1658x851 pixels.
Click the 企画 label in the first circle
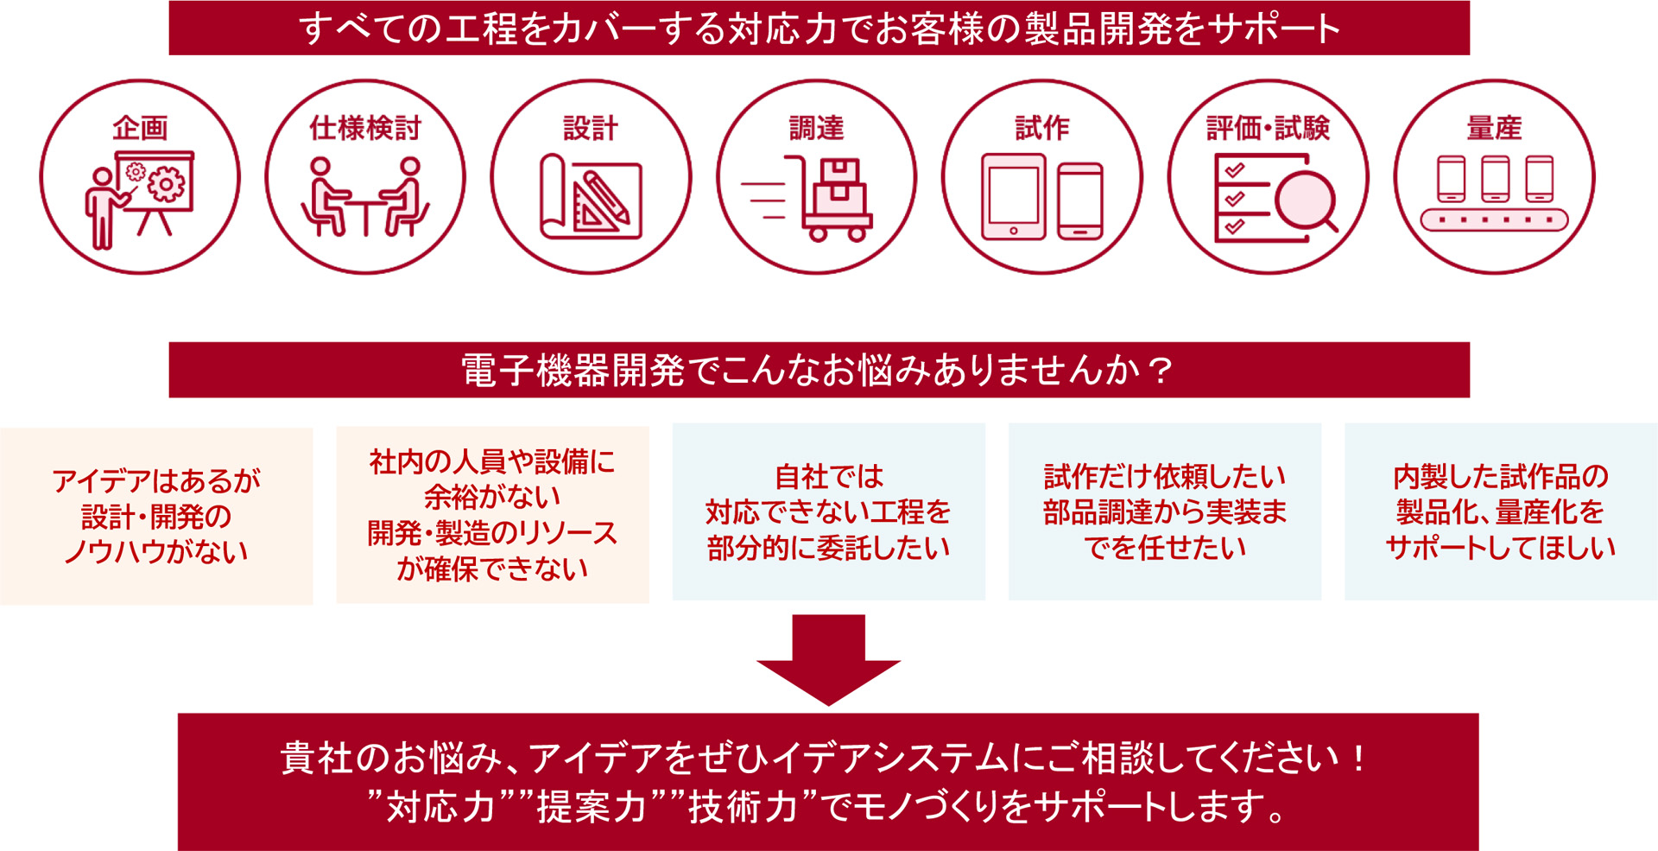click(x=140, y=128)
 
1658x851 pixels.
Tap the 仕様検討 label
click(x=365, y=128)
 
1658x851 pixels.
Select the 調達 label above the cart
click(x=816, y=128)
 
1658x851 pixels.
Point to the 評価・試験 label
click(x=1268, y=128)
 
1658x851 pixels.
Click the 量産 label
click(x=1494, y=128)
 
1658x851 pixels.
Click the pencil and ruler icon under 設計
click(x=591, y=197)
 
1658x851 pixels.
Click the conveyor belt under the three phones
click(x=1494, y=219)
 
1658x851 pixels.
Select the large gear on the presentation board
click(x=167, y=184)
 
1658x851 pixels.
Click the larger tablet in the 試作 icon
click(x=1014, y=197)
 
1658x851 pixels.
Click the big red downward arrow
click(x=828, y=659)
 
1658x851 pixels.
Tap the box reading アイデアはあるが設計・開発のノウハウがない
click(x=156, y=516)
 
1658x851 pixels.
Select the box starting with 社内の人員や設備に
click(x=492, y=515)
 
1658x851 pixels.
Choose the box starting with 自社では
click(x=829, y=511)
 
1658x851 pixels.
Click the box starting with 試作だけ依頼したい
click(x=1165, y=511)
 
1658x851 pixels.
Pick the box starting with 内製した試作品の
click(x=1501, y=511)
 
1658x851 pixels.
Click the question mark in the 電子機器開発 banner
click(x=1161, y=371)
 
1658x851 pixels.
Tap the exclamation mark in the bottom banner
click(x=1360, y=759)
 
